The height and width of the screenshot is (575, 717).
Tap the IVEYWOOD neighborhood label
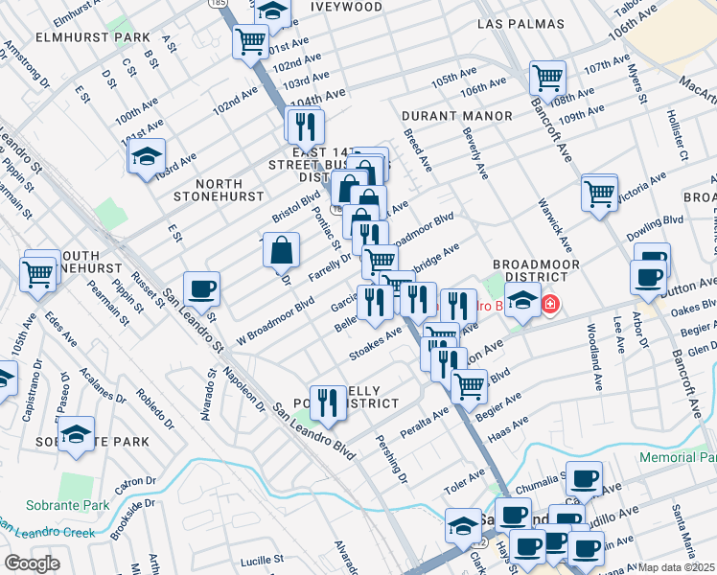pyautogui.click(x=346, y=7)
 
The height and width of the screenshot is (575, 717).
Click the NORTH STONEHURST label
pyautogui.click(x=218, y=189)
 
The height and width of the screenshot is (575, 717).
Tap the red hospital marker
pyautogui.click(x=550, y=306)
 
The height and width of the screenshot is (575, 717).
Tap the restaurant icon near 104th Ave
pyautogui.click(x=305, y=126)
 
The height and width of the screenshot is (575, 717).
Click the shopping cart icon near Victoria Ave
pyautogui.click(x=599, y=192)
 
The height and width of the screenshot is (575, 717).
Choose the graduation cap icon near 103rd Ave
pyautogui.click(x=147, y=155)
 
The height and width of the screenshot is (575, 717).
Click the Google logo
pyautogui.click(x=32, y=563)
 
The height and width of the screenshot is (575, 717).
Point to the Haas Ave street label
pyautogui.click(x=508, y=423)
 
